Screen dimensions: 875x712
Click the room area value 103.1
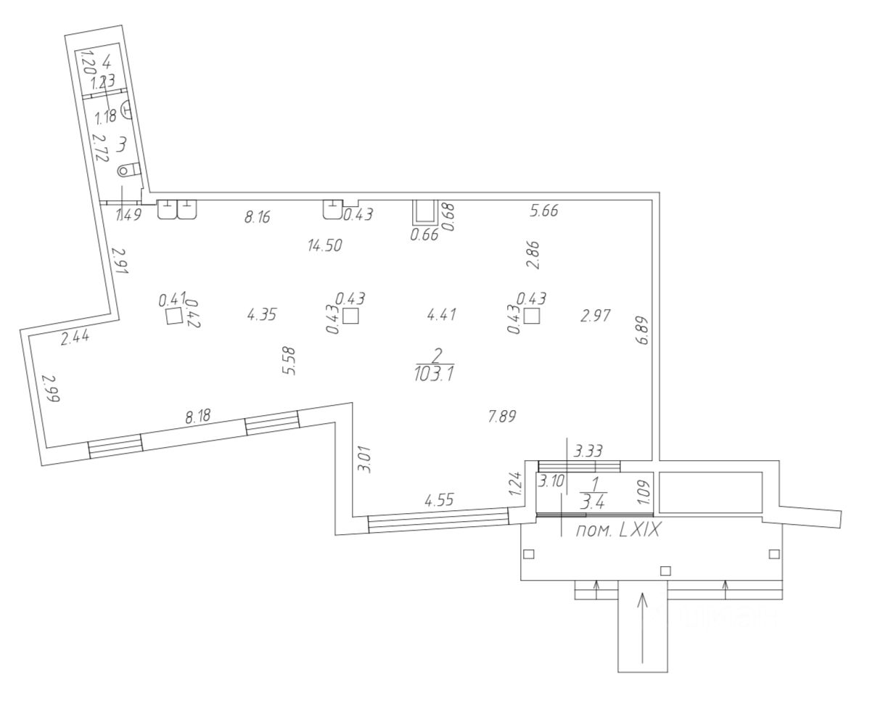tap(435, 375)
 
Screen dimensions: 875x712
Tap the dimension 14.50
tap(324, 245)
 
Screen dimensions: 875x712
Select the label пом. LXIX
tap(618, 531)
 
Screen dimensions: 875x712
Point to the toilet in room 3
tap(127, 170)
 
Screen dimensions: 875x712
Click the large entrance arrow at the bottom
tap(642, 628)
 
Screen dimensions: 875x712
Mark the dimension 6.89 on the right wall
tap(642, 328)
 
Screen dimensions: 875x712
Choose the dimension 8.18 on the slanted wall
tap(198, 417)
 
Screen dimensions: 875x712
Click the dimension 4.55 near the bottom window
tap(438, 500)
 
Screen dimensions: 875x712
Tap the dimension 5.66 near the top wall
tap(544, 211)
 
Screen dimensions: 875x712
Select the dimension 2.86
tap(534, 255)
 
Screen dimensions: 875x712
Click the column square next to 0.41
tap(174, 316)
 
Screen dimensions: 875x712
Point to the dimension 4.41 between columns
tap(442, 314)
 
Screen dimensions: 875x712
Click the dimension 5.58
tap(289, 361)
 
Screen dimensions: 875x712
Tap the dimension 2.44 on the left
tap(75, 337)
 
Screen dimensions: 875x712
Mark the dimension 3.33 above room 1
tap(588, 451)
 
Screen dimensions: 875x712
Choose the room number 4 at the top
tap(107, 61)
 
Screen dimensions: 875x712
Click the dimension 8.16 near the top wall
tap(258, 216)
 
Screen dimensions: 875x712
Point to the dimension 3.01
tap(366, 459)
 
